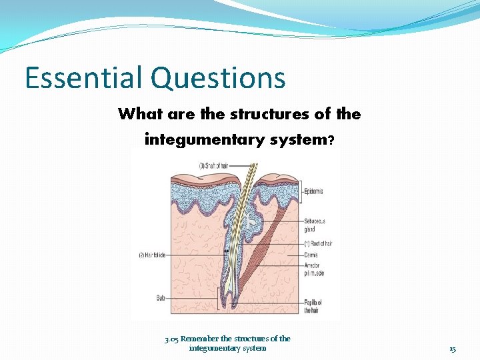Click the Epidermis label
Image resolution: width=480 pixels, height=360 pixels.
pyautogui.click(x=313, y=191)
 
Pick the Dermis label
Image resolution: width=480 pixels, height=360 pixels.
pyautogui.click(x=311, y=255)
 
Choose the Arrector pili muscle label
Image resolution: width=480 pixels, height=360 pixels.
pyautogui.click(x=315, y=269)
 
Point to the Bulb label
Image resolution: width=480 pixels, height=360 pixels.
pyautogui.click(x=160, y=298)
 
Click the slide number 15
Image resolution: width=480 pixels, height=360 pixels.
pyautogui.click(x=453, y=349)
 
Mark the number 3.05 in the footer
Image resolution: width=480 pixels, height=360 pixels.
pyautogui.click(x=171, y=339)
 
